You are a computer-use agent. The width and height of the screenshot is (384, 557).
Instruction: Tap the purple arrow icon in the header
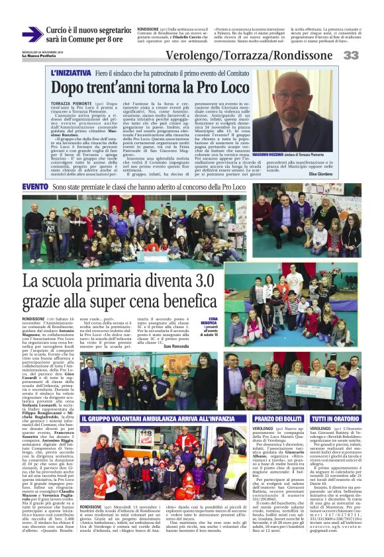tap(32, 34)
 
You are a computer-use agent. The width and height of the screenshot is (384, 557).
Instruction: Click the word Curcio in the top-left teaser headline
tap(58, 30)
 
